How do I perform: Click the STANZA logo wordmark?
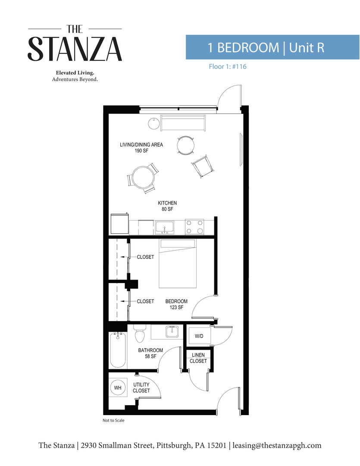75,48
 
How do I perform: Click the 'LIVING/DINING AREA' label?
141,145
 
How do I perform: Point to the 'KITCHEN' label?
167,203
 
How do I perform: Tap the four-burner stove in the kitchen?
194,227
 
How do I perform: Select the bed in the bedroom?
178,264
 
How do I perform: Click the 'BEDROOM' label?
176,302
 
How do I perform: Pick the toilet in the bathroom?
139,334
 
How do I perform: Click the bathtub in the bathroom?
117,350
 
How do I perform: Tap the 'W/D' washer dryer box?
199,336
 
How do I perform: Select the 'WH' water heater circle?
118,388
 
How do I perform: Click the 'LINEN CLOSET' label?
198,358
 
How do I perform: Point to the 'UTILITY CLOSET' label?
141,387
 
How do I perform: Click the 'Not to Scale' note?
113,420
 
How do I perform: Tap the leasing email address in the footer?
277,445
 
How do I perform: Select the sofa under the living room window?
183,123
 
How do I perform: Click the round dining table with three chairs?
142,177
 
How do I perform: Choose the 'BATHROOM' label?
150,350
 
